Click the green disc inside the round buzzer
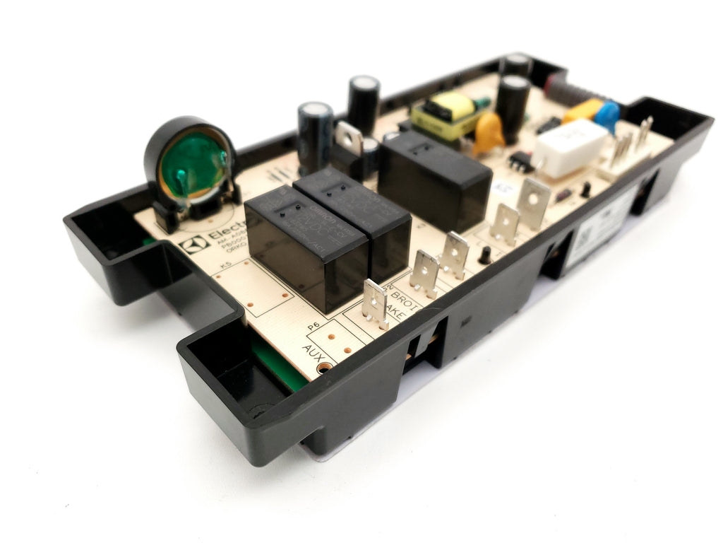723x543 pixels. tap(193, 168)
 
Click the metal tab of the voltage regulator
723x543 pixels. tap(348, 136)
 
